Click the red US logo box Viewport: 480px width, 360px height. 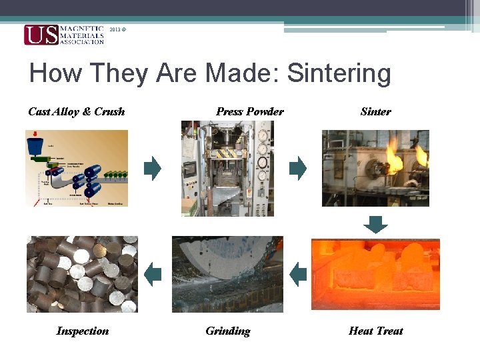coord(41,35)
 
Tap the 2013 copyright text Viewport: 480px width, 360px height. coord(116,29)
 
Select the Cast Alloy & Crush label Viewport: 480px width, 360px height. coord(76,111)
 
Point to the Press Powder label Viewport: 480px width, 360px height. coord(249,111)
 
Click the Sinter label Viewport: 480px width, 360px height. coord(375,111)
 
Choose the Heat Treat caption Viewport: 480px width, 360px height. coord(375,331)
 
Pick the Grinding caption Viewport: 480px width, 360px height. coord(227,331)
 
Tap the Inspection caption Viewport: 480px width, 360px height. coord(83,331)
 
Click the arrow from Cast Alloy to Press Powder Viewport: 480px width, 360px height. coord(153,168)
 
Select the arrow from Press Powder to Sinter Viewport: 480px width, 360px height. coord(298,168)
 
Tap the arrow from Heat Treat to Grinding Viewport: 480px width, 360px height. coord(298,273)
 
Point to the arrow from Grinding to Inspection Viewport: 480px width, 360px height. coord(153,273)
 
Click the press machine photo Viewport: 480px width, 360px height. coord(227,168)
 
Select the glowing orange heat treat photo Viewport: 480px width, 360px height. coord(375,273)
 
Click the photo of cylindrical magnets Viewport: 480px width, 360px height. coord(82,274)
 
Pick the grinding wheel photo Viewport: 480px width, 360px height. coord(227,274)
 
